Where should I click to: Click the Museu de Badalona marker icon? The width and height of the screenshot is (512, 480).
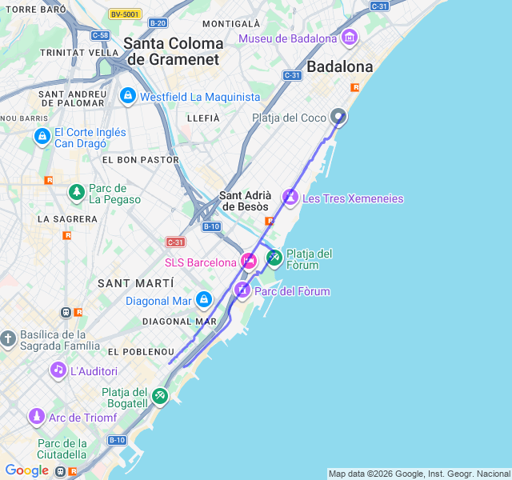[349, 38]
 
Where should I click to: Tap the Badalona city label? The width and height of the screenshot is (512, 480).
[340, 66]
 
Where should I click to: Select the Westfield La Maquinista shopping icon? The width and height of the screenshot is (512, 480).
[127, 96]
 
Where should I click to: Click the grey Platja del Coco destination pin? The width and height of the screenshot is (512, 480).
[338, 117]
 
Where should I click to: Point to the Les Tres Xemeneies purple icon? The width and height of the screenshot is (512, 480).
[290, 197]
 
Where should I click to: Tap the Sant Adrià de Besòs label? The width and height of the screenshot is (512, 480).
[245, 201]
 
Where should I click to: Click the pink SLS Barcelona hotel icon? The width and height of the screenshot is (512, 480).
[249, 261]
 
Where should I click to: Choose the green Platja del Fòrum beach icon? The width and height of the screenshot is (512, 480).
[274, 258]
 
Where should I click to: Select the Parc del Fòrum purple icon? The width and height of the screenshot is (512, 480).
[242, 290]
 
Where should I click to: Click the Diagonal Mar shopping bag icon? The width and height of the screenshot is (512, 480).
[204, 300]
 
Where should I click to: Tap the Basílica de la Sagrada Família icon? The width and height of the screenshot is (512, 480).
[8, 339]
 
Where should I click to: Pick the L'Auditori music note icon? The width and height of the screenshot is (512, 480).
[58, 370]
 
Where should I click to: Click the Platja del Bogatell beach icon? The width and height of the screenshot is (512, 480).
[160, 395]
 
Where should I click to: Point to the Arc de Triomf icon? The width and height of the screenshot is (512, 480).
[36, 417]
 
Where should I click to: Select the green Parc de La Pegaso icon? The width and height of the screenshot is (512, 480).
[76, 192]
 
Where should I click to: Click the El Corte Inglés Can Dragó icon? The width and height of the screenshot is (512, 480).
[42, 138]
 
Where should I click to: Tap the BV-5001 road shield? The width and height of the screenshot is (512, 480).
[124, 14]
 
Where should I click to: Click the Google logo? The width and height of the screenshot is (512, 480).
[26, 470]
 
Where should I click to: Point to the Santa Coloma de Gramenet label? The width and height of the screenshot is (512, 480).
[174, 50]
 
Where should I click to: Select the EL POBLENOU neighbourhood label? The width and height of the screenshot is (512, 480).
[140, 352]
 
